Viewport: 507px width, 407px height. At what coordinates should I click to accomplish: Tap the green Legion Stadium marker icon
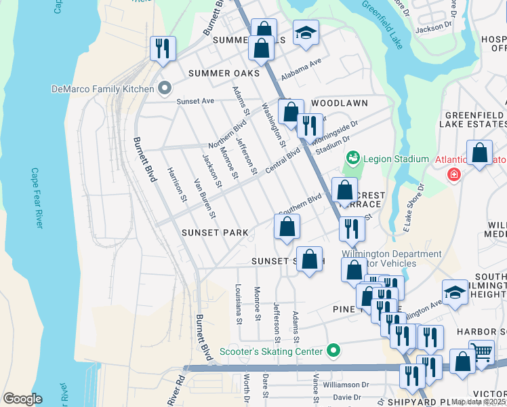352,159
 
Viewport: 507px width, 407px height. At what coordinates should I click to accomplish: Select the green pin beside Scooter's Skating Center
333,351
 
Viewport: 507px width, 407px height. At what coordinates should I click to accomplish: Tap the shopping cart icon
481,353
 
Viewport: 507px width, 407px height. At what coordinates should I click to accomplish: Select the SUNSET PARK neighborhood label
215,232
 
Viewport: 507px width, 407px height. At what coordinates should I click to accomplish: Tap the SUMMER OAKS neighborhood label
224,73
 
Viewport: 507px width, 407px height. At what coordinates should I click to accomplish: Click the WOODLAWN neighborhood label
340,103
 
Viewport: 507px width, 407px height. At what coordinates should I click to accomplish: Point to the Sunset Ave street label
195,101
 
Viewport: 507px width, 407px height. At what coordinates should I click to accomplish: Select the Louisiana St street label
239,305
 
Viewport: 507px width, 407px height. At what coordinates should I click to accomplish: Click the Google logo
22,399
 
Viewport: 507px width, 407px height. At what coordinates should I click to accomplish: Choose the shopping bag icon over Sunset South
310,259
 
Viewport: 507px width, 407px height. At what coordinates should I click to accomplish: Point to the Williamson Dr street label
346,384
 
